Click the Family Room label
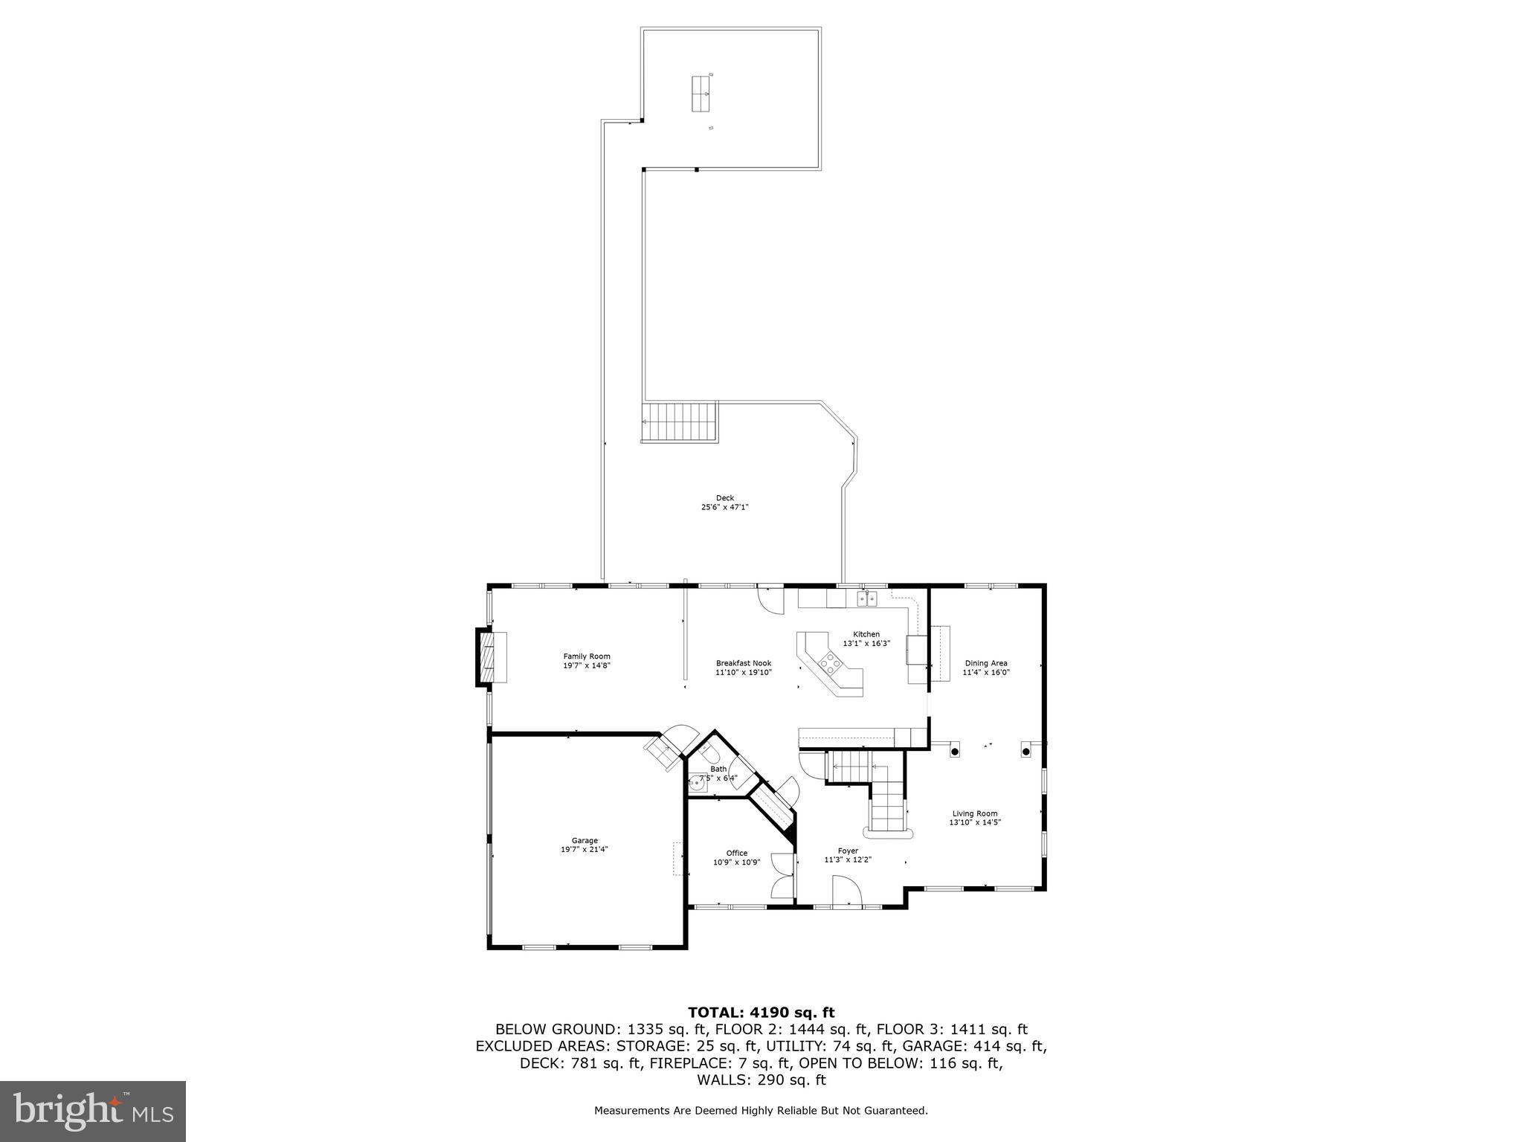(586, 656)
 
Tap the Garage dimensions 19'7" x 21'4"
(585, 849)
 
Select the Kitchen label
(866, 634)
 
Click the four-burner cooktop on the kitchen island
(829, 661)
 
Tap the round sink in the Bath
(697, 781)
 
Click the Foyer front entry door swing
(846, 891)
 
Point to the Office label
(736, 853)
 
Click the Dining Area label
(986, 663)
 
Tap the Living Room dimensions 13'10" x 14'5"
(974, 822)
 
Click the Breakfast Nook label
(744, 663)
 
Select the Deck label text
(724, 498)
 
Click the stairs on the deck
(680, 422)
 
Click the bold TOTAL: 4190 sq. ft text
(761, 1012)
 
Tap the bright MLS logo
(93, 1112)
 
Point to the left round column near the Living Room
(954, 751)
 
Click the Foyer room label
(848, 851)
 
